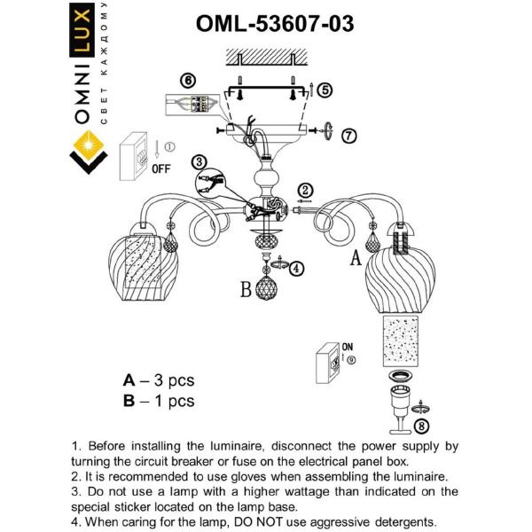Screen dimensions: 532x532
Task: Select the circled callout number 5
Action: (x=325, y=90)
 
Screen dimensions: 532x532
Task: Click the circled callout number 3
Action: (x=199, y=162)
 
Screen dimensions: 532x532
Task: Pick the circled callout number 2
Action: (x=304, y=190)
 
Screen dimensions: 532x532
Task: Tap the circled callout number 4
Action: (x=296, y=267)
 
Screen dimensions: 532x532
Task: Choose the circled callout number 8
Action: (x=420, y=426)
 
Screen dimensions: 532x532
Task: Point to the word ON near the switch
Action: (x=348, y=348)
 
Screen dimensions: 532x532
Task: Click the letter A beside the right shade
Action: (x=357, y=258)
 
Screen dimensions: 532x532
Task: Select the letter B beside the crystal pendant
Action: (x=246, y=288)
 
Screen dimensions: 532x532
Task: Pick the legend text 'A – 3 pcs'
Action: (x=158, y=380)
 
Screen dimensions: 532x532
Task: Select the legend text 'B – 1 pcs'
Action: (x=158, y=401)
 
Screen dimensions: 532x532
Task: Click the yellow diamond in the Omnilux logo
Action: (x=88, y=143)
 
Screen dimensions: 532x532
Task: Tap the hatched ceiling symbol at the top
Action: (x=264, y=59)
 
